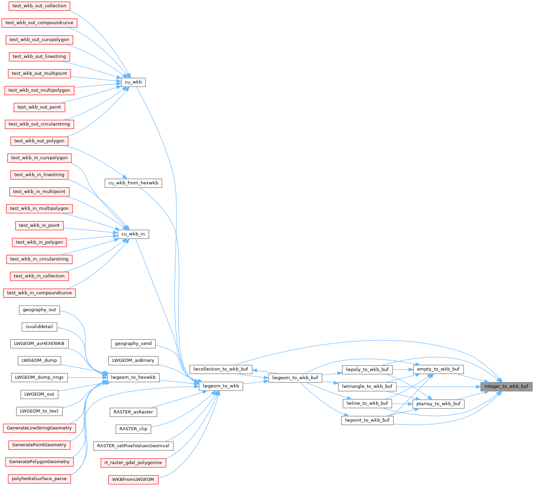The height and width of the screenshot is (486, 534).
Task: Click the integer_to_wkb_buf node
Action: click(x=506, y=386)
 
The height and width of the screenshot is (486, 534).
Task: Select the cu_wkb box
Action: click(x=133, y=82)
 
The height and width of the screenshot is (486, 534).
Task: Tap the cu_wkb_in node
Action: click(x=133, y=234)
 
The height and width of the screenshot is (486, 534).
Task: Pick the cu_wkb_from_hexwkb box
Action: click(x=133, y=183)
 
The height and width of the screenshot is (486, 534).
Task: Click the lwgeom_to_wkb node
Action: click(x=221, y=386)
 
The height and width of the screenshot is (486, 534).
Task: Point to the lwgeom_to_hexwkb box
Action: click(x=133, y=378)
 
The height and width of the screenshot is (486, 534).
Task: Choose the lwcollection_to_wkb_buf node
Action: click(x=221, y=369)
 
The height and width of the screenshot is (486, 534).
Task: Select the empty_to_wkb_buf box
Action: click(x=438, y=369)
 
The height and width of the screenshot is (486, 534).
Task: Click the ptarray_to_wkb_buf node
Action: click(x=438, y=404)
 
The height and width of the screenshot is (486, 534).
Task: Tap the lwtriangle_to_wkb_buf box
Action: click(x=367, y=386)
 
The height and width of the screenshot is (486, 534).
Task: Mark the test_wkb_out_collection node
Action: click(x=39, y=6)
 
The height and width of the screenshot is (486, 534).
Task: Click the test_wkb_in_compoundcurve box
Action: click(x=39, y=293)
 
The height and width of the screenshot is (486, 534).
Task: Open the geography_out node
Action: click(x=39, y=310)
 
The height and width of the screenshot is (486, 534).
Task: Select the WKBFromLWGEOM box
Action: click(x=133, y=479)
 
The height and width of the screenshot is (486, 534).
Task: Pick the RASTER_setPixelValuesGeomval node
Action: click(x=133, y=446)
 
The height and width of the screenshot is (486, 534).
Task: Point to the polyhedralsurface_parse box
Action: click(x=39, y=479)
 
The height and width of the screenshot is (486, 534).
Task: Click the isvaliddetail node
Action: click(x=39, y=327)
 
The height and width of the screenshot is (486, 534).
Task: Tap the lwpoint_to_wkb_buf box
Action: click(x=367, y=420)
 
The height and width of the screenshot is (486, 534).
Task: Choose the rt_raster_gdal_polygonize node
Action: click(x=133, y=463)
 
